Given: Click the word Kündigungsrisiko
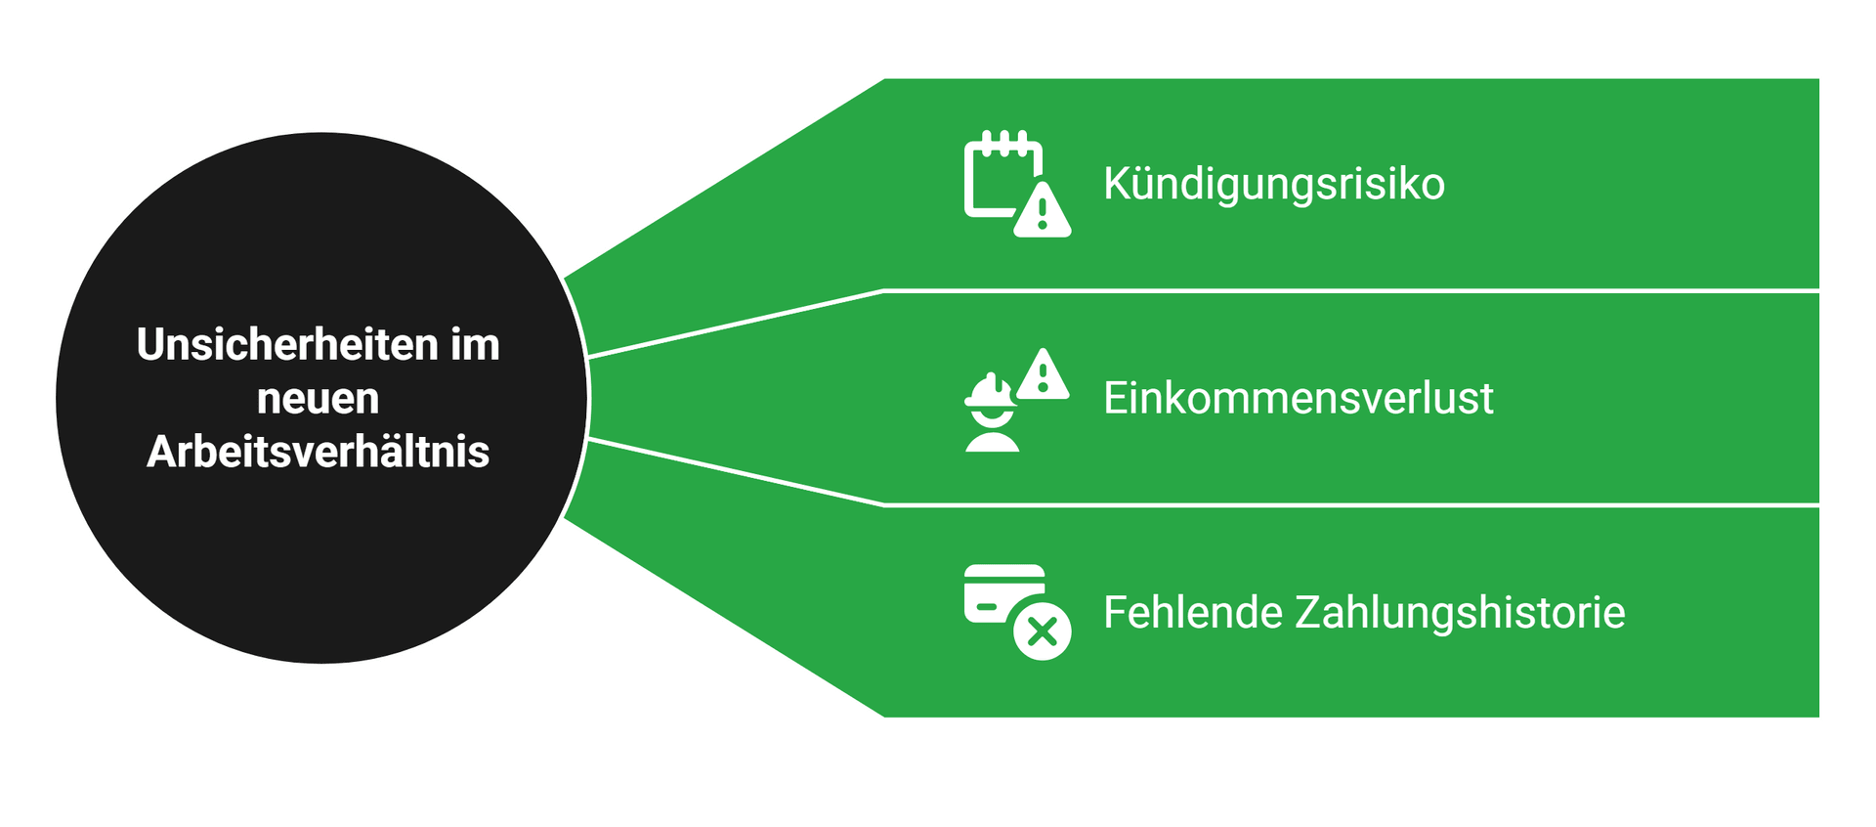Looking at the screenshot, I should tap(1273, 184).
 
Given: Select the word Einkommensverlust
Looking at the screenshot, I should tap(1298, 399).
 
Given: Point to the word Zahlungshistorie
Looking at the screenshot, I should tap(1460, 613).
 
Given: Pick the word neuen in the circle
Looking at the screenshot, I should tap(318, 399).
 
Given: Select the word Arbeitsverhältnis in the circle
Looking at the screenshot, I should tap(318, 452).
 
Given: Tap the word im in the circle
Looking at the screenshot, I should tap(475, 345).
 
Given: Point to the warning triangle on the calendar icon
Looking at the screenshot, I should tap(1042, 211).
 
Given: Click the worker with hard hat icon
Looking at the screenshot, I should tap(992, 415).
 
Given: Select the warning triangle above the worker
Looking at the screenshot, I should tap(1043, 375).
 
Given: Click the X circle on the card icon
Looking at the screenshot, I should tap(1042, 631).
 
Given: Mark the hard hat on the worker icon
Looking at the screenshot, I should tap(990, 391).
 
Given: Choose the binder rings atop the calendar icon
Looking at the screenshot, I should tap(1004, 141).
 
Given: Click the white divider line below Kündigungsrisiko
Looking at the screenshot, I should tap(1348, 290).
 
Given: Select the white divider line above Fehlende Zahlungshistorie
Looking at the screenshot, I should tap(1348, 505).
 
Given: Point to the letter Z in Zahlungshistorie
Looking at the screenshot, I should tap(1309, 613).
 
